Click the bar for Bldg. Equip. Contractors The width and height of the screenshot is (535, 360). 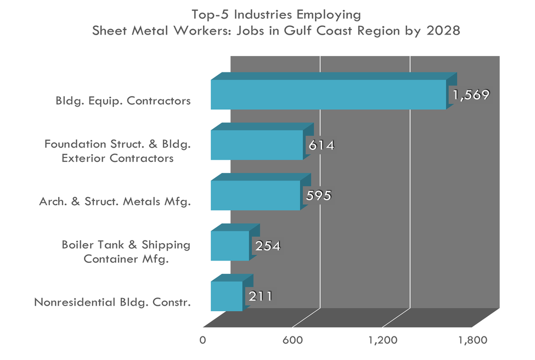(328, 94)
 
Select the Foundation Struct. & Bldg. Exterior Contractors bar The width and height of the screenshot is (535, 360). (257, 145)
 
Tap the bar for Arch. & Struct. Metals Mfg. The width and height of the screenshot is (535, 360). (255, 195)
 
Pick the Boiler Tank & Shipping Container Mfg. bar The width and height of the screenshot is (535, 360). (230, 246)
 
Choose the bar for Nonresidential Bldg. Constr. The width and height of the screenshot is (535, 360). (227, 296)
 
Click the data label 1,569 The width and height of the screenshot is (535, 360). (470, 94)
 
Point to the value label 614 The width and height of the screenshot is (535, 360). (321, 145)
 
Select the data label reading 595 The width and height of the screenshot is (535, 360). (318, 196)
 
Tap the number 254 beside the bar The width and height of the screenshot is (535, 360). (267, 246)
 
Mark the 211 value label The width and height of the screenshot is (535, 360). (260, 296)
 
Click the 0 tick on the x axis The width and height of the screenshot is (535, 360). (203, 340)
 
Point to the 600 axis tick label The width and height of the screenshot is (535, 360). (293, 340)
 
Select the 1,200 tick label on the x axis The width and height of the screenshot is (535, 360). (383, 340)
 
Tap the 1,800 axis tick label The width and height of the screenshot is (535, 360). (473, 340)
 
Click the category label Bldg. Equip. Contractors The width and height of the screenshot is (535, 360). (123, 101)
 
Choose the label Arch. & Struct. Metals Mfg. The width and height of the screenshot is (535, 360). (115, 201)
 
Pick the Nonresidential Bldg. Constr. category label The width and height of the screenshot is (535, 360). (112, 302)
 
